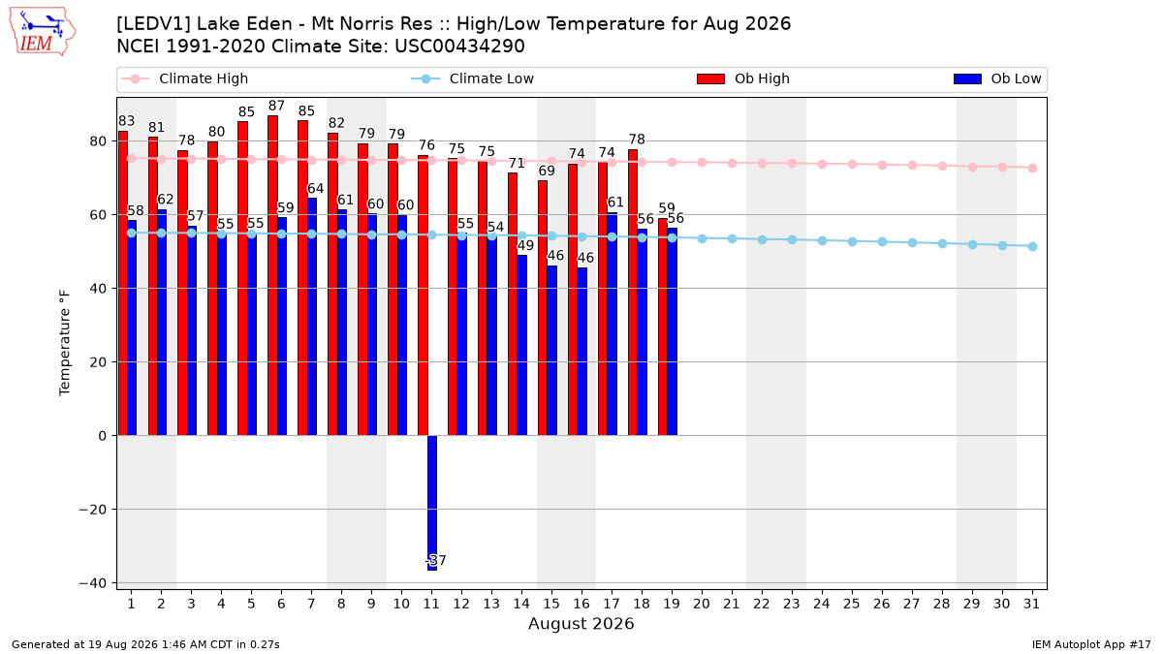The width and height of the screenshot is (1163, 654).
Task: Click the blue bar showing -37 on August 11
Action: point(432,503)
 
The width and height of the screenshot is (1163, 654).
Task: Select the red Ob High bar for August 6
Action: point(272,275)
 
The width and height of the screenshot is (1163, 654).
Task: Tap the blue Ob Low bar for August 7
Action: point(312,317)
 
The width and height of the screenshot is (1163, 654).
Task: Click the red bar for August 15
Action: point(543,308)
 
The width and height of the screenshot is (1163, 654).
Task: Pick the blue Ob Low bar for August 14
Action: point(521,345)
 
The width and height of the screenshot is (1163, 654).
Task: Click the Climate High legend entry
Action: point(185,78)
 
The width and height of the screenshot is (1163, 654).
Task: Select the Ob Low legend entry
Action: point(997,78)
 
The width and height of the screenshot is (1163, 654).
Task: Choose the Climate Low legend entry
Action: point(473,78)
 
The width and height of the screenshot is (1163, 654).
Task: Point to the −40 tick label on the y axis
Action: point(92,583)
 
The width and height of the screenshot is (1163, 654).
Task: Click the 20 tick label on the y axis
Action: point(98,362)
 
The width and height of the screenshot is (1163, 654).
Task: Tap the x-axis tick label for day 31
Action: point(1031,604)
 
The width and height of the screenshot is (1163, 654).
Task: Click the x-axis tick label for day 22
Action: point(762,604)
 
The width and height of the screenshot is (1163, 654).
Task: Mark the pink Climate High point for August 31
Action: point(1032,169)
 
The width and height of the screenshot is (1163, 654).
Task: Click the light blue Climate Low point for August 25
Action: point(852,242)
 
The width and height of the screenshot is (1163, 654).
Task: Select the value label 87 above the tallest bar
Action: point(277,106)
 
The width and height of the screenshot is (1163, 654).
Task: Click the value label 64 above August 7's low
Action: point(316,188)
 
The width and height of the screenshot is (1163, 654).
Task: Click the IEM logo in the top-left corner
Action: point(42,31)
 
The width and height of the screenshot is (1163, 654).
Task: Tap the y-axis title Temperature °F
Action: point(64,343)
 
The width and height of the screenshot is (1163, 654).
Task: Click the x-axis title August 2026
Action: point(581,623)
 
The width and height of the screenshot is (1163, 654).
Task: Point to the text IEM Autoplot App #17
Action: point(1091,644)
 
